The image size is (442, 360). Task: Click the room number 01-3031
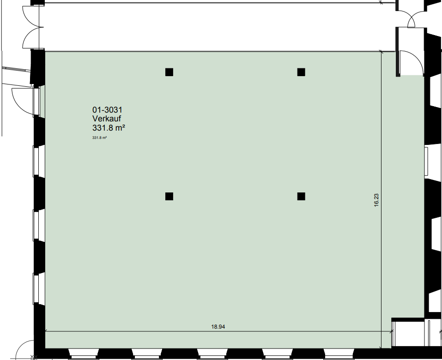coord(107,109)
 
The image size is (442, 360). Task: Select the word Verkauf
coord(107,119)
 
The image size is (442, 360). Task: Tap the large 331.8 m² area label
coord(109,127)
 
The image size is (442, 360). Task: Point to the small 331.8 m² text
coord(99,138)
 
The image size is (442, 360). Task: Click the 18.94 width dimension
coord(218,327)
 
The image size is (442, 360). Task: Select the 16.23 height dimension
coord(376,200)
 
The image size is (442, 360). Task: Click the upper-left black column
coord(169,72)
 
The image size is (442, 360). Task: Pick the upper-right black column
coord(301,72)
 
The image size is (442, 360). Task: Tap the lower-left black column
coord(169,196)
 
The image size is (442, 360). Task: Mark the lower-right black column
coord(301,196)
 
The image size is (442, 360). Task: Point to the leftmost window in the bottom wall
coord(84,354)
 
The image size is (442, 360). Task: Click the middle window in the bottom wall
coord(212,354)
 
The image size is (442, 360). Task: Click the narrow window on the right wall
coord(426,161)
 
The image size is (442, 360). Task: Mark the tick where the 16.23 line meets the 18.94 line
coord(381,331)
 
